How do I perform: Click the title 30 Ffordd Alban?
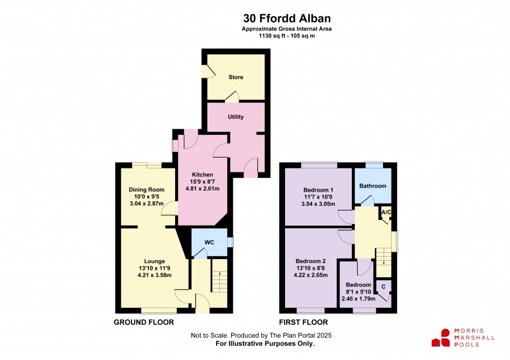click(287, 18)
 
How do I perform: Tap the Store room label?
click(236, 77)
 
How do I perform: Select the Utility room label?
click(236, 117)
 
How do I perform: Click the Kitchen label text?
click(202, 175)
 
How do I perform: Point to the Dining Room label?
click(146, 190)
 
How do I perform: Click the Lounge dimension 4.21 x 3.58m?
click(155, 275)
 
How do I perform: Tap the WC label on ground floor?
click(210, 243)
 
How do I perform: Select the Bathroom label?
click(373, 186)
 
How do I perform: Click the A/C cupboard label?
click(386, 212)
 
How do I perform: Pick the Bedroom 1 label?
click(318, 190)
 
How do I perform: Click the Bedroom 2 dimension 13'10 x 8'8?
click(311, 268)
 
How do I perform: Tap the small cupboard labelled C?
click(384, 287)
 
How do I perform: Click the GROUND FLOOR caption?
click(144, 322)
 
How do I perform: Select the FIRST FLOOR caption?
click(304, 322)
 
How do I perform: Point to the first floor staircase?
click(384, 262)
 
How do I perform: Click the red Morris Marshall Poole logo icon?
click(441, 338)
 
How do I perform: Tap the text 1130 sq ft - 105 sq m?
click(287, 36)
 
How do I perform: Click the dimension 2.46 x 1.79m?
click(359, 298)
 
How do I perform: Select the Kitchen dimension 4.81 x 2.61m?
click(202, 188)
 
